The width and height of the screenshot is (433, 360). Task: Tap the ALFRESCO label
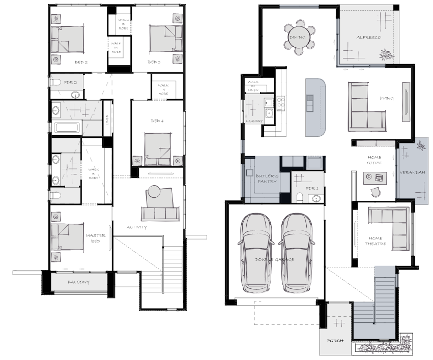pos(369,37)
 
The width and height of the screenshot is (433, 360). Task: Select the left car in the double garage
pos(256,253)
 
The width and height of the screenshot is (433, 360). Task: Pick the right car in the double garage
pos(297,253)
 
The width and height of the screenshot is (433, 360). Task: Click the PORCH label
pos(335,341)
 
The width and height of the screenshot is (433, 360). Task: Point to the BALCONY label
pos(79,282)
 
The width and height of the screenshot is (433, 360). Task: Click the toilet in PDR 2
pos(55,82)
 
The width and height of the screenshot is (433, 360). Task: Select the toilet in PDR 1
pos(300,197)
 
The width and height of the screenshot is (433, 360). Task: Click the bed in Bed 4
pos(158,149)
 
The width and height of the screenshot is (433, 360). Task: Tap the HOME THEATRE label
pos(376,241)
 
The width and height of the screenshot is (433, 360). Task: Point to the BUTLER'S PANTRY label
pos(267,179)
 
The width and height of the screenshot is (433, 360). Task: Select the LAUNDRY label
pos(254,121)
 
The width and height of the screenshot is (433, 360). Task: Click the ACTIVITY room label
pos(137,227)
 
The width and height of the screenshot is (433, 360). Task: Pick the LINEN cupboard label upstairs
pos(107,120)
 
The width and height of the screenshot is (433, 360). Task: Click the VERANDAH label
pos(413,173)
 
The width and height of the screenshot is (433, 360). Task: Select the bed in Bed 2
pos(68,39)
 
